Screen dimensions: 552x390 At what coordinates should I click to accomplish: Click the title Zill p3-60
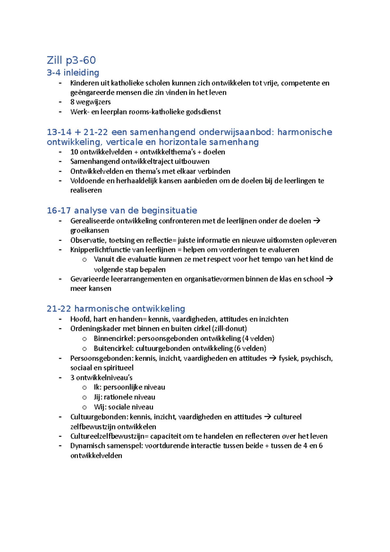[71, 60]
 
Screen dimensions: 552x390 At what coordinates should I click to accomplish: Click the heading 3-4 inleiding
[73, 72]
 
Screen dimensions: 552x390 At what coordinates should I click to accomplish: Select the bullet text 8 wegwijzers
[90, 102]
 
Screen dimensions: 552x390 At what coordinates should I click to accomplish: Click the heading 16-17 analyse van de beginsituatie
[122, 211]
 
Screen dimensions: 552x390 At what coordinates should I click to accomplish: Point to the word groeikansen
[89, 230]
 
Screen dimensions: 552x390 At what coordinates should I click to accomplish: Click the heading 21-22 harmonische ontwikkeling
[116, 309]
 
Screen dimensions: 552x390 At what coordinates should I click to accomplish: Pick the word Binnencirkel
[114, 338]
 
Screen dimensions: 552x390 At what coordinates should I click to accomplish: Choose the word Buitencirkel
[113, 348]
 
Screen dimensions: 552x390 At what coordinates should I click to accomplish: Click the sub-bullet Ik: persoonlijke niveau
[129, 387]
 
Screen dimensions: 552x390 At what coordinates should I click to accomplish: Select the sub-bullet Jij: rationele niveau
[124, 397]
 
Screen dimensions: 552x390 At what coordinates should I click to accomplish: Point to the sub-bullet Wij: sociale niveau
[123, 407]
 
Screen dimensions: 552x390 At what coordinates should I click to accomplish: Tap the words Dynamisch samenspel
[106, 446]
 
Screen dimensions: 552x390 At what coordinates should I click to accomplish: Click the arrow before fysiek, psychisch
[273, 358]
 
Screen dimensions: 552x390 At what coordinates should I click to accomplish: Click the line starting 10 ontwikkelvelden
[148, 152]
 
